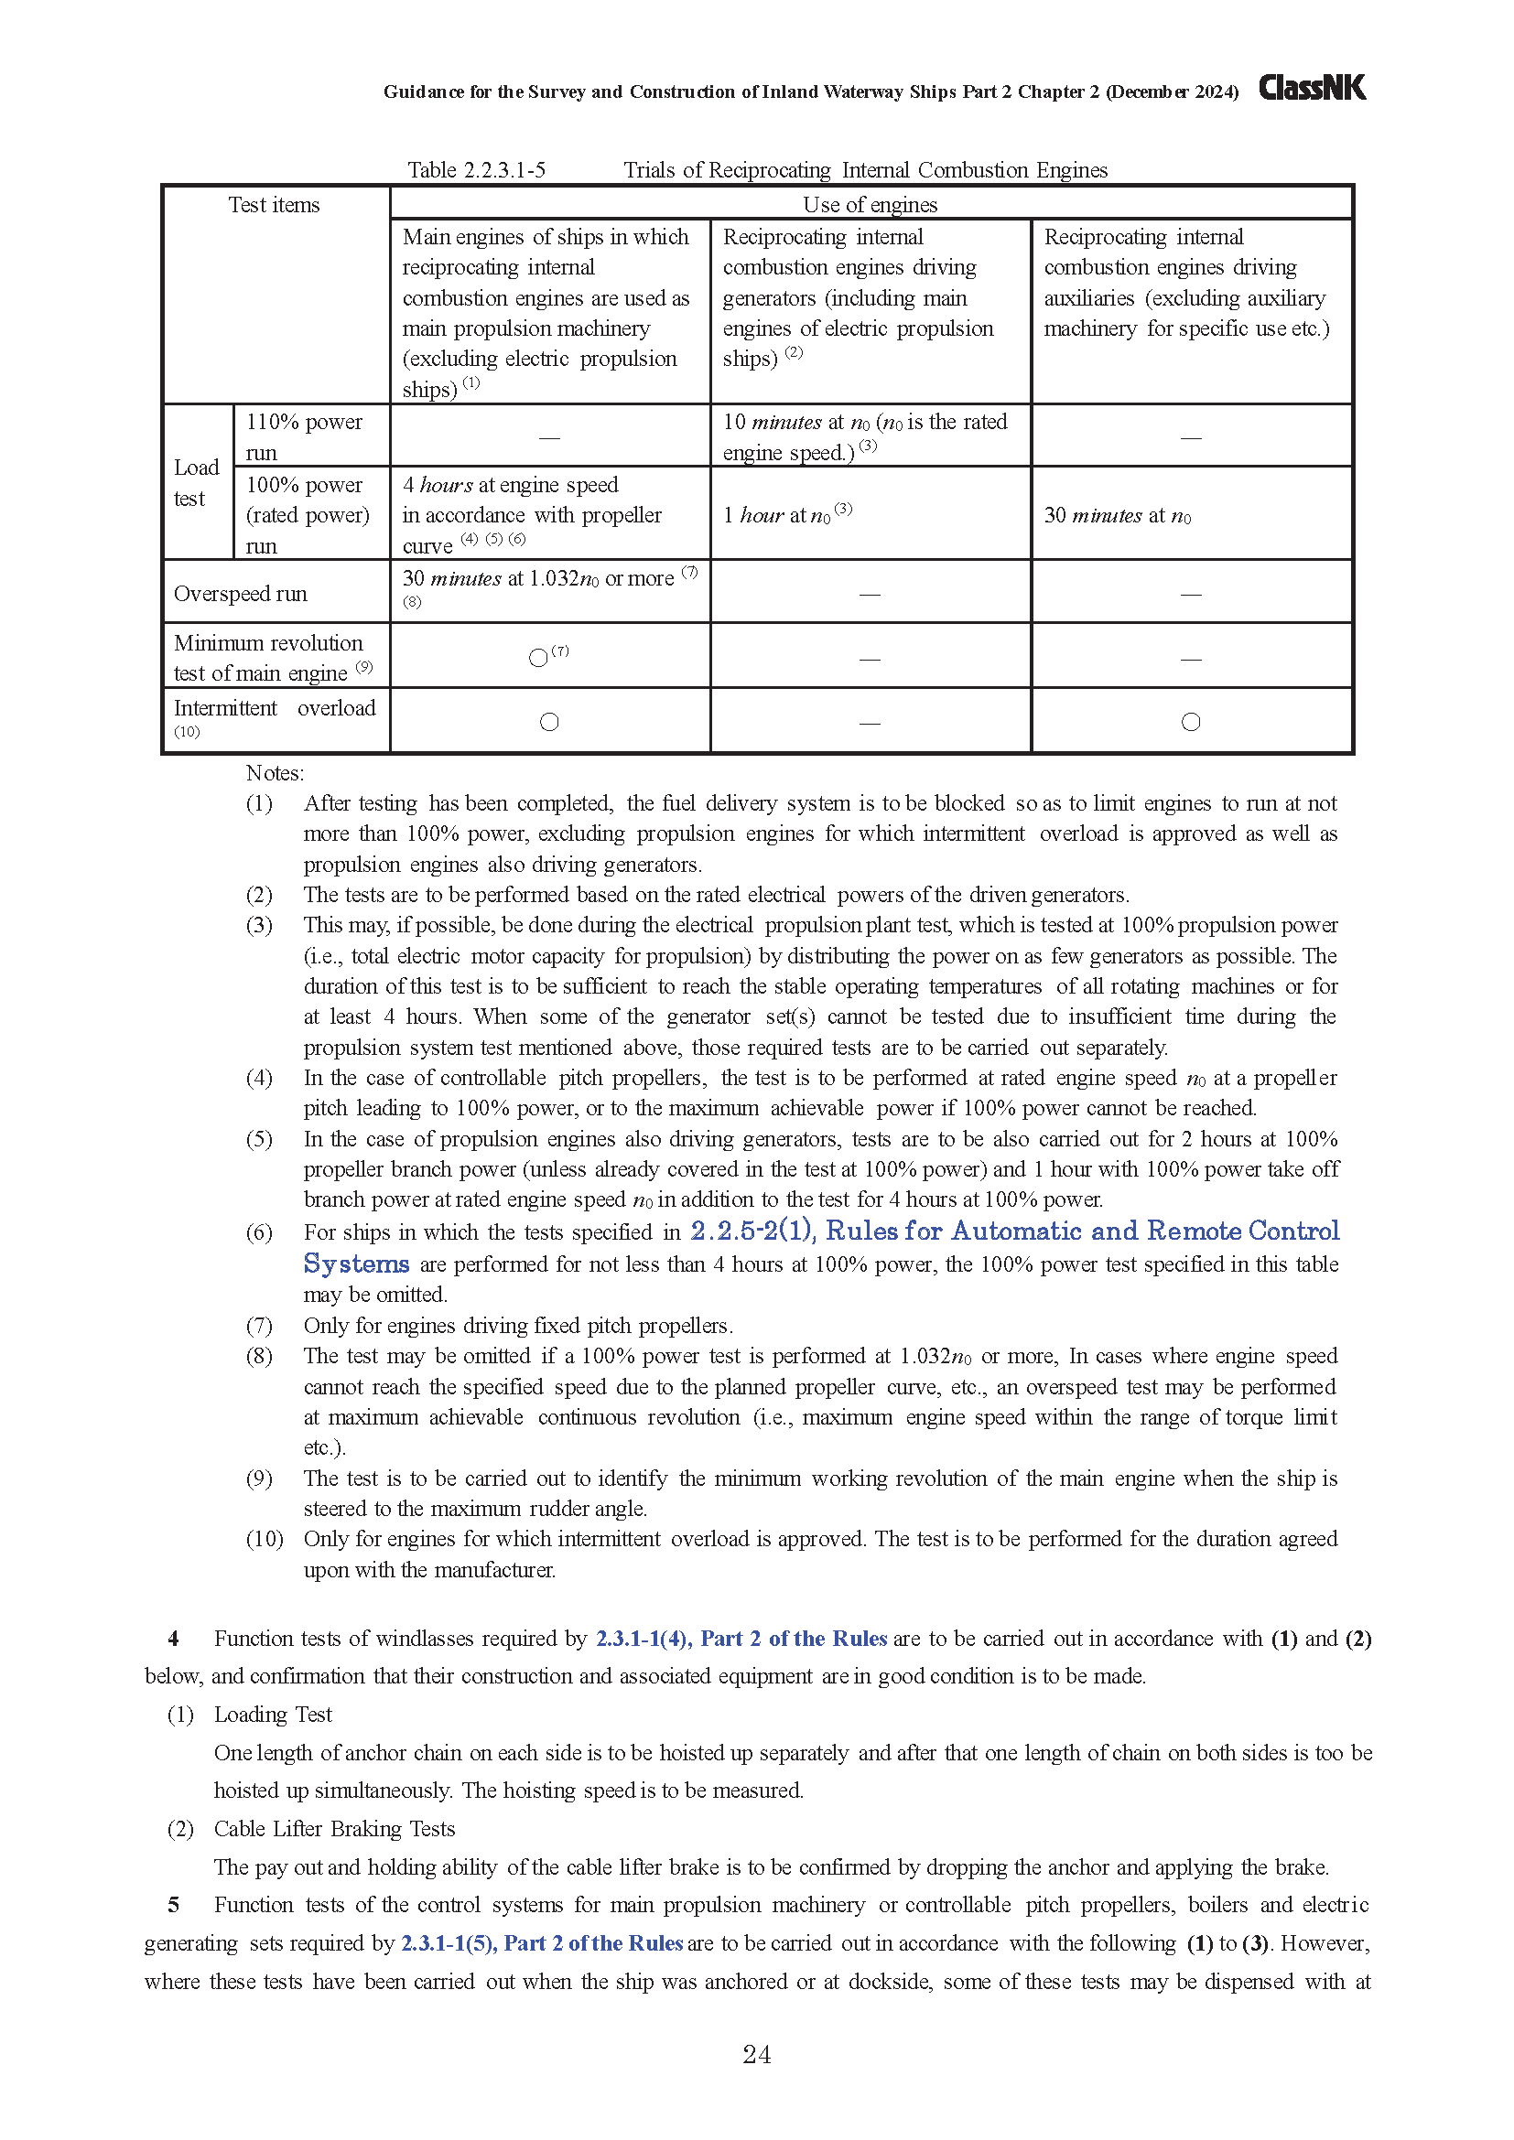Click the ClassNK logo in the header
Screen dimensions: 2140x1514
click(x=1312, y=88)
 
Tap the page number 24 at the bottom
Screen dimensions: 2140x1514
click(x=756, y=2054)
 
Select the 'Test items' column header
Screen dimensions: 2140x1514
click(x=274, y=205)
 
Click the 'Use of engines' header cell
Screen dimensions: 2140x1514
click(x=870, y=205)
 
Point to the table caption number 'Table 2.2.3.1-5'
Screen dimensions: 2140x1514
click(x=476, y=170)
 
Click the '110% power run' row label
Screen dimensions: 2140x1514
click(x=304, y=436)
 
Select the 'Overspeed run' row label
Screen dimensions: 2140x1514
click(x=241, y=594)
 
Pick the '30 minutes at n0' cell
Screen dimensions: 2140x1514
click(x=1117, y=515)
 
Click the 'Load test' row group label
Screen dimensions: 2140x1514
click(x=196, y=483)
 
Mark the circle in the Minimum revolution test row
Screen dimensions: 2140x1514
click(x=538, y=658)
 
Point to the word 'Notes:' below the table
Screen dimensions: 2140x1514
click(x=275, y=774)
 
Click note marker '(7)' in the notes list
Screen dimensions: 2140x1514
click(x=259, y=1326)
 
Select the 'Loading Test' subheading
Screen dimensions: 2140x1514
click(x=272, y=1715)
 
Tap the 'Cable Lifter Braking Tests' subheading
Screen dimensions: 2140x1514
click(x=334, y=1829)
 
